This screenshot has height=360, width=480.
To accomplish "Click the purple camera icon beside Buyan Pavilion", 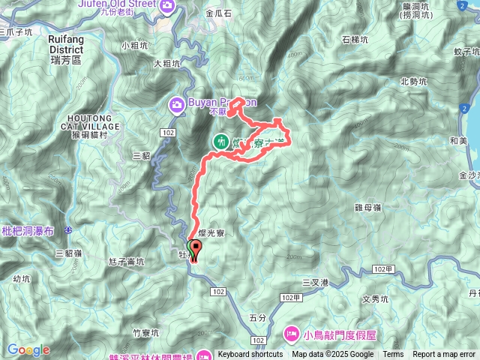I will point(177,103).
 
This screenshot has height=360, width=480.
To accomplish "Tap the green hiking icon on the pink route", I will point(220,141).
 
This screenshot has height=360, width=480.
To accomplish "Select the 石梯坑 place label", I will point(355,40).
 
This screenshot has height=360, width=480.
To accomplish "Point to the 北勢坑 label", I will point(414,82).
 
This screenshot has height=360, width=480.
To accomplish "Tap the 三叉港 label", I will point(315,282).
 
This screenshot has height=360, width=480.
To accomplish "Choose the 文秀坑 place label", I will point(374,298).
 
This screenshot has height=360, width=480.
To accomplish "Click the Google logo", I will point(28,349).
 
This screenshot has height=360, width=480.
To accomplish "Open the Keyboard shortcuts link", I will point(250,354).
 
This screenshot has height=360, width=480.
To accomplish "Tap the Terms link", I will point(393,354).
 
